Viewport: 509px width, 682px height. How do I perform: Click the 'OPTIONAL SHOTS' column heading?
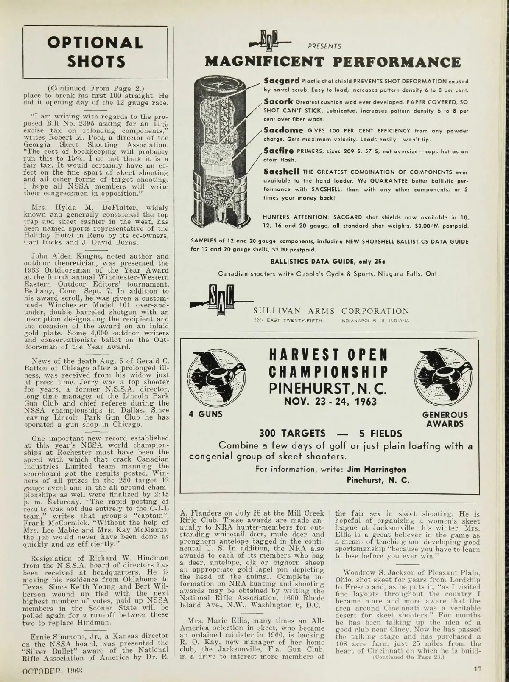[x=95, y=52]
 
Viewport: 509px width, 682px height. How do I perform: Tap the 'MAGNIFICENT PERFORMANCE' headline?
[x=333, y=62]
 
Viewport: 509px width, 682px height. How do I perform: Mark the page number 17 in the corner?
[x=478, y=670]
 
